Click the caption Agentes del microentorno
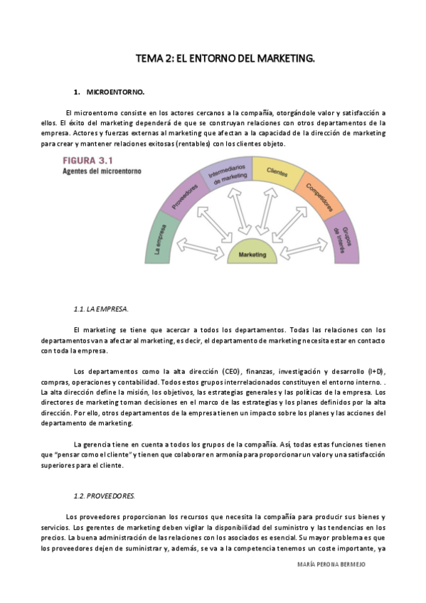pyautogui.click(x=102, y=171)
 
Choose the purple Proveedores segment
pyautogui.click(x=186, y=198)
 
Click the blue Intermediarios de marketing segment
pyautogui.click(x=225, y=175)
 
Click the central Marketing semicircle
pyautogui.click(x=252, y=253)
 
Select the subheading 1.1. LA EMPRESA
pyautogui.click(x=101, y=309)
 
